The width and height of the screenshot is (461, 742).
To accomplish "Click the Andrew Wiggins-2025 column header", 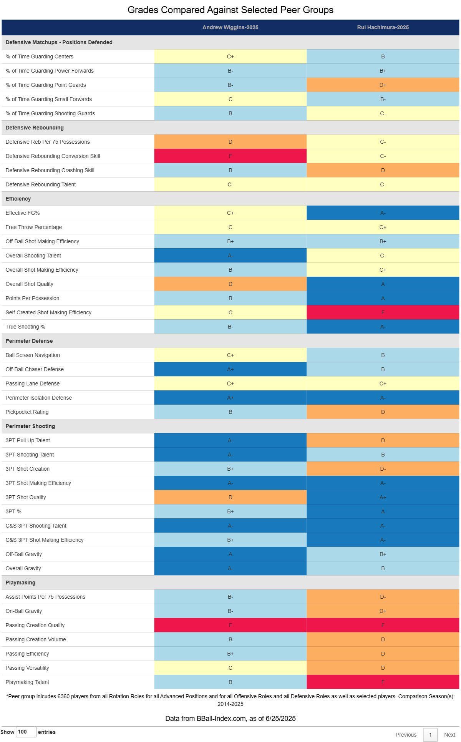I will [230, 27].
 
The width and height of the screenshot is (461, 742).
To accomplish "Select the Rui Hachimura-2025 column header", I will [383, 27].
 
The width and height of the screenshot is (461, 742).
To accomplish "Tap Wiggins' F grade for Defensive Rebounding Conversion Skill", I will [230, 156].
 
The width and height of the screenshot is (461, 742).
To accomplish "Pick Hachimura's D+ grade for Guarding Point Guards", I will [383, 85].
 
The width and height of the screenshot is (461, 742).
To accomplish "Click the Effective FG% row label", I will [23, 213].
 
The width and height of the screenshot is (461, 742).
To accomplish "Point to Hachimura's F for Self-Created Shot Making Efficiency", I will [383, 312].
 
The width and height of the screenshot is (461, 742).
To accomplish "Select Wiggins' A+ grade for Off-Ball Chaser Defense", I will [230, 369].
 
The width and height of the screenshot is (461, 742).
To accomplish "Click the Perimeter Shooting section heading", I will [30, 426].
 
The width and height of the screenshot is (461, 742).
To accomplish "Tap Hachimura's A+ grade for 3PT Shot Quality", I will [383, 497].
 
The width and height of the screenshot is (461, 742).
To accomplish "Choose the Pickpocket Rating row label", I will [27, 412].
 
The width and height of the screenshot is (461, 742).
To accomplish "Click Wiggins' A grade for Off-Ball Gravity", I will [230, 554].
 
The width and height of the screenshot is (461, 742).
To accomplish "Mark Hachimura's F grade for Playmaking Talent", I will [383, 682].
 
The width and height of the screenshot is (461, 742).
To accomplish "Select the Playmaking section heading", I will [20, 583].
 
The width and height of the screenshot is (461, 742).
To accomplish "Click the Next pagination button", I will [449, 735].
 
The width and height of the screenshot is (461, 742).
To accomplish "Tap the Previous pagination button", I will [406, 735].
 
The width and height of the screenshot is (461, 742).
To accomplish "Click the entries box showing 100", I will [26, 732].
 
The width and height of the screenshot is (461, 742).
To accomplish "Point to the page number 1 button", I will [430, 735].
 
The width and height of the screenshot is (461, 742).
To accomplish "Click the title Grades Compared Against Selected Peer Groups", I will [230, 10].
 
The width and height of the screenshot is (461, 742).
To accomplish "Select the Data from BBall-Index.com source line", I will [230, 719].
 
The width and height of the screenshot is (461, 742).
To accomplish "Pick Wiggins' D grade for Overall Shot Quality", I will [230, 284].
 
